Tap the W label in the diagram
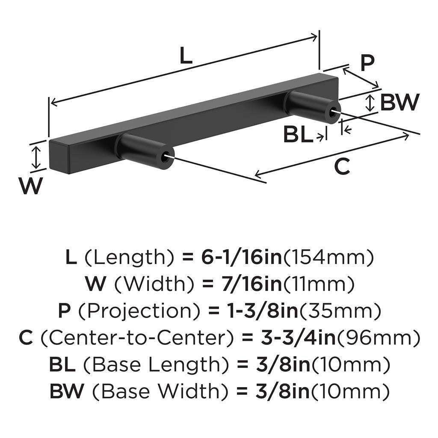[x=30, y=186]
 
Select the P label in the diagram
[x=367, y=62]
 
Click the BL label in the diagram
[x=298, y=136]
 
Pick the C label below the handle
[x=342, y=166]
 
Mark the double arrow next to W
[x=37, y=157]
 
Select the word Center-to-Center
[x=135, y=337]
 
